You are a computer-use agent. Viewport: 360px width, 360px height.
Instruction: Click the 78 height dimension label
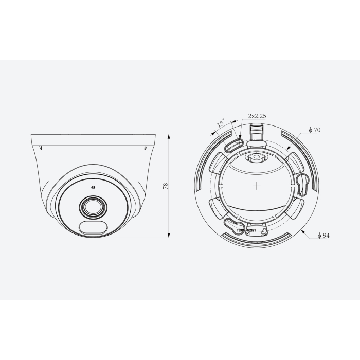click(x=166, y=186)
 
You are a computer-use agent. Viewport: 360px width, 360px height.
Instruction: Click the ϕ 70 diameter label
click(x=314, y=130)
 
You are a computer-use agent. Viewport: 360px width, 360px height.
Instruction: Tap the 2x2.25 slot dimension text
click(x=257, y=116)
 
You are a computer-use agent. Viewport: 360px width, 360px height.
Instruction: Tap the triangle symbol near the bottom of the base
click(x=264, y=232)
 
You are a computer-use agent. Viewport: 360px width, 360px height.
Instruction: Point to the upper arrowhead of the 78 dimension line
click(x=170, y=135)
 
